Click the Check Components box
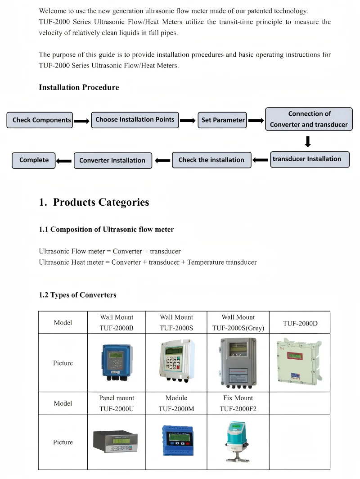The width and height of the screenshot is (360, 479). pyautogui.click(x=40, y=120)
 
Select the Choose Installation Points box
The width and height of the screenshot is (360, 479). pyautogui.click(x=135, y=120)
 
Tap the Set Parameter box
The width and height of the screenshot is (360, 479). pyautogui.click(x=222, y=120)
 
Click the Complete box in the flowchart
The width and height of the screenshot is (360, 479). pyautogui.click(x=34, y=160)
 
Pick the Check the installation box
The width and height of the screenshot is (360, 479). pyautogui.click(x=211, y=160)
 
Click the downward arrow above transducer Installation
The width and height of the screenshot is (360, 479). pyautogui.click(x=308, y=141)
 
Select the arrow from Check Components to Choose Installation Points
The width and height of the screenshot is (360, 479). pyautogui.click(x=82, y=121)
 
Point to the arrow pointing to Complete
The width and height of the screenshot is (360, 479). pyautogui.click(x=64, y=161)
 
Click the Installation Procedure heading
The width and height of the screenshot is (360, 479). pyautogui.click(x=79, y=87)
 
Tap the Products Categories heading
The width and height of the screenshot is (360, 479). pyautogui.click(x=101, y=202)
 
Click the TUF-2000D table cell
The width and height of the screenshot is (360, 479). pyautogui.click(x=300, y=322)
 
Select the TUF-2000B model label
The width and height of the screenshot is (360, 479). pyautogui.click(x=117, y=328)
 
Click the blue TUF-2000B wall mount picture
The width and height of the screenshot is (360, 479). pyautogui.click(x=117, y=362)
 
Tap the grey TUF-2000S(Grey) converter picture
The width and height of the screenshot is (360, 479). pyautogui.click(x=238, y=362)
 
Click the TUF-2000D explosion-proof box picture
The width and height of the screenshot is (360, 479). pyautogui.click(x=300, y=361)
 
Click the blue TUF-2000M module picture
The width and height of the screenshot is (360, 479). pyautogui.click(x=177, y=440)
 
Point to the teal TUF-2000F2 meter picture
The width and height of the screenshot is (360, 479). pyautogui.click(x=237, y=442)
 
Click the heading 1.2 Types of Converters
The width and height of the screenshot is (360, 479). pyautogui.click(x=77, y=295)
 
